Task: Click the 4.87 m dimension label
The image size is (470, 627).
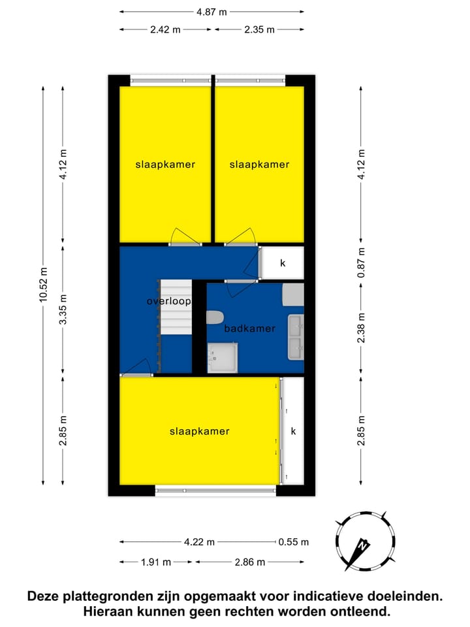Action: (x=212, y=11)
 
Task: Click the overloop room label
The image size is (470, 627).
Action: (x=168, y=302)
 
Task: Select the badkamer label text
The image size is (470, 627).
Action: (x=249, y=329)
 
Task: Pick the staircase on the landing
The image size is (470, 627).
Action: (x=176, y=307)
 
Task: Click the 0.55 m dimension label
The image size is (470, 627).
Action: (x=293, y=541)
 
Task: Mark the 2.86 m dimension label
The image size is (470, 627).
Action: (x=250, y=562)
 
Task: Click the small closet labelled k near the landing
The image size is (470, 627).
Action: (x=283, y=263)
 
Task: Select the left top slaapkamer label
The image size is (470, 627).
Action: (x=165, y=165)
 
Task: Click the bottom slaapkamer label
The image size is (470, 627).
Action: (x=199, y=431)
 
